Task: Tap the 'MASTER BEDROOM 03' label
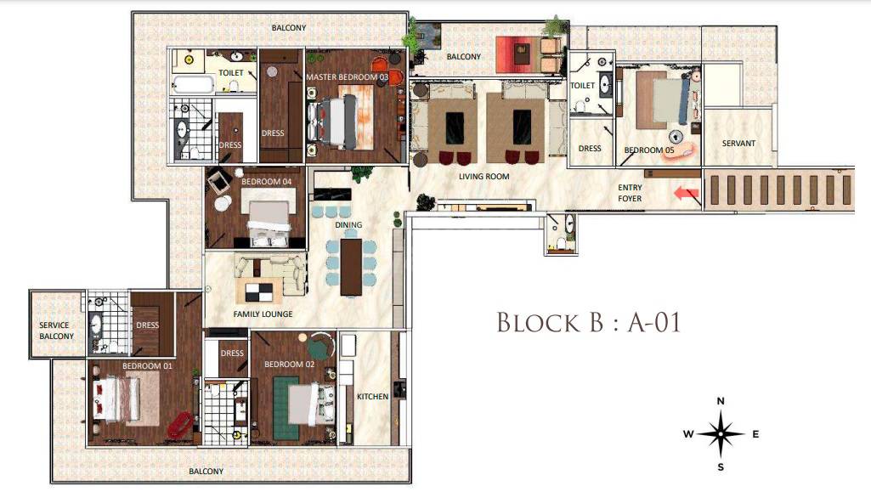pyautogui.click(x=347, y=77)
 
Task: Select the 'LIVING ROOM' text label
pyautogui.click(x=484, y=177)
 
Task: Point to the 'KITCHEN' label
pyautogui.click(x=372, y=397)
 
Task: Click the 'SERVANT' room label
pyautogui.click(x=738, y=144)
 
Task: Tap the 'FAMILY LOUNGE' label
pyautogui.click(x=263, y=314)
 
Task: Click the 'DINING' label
pyautogui.click(x=348, y=225)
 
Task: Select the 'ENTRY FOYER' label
pyautogui.click(x=630, y=193)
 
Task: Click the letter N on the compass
pyautogui.click(x=721, y=401)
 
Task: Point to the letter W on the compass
pyautogui.click(x=687, y=434)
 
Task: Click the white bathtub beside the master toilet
pyautogui.click(x=192, y=84)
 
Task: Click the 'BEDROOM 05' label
pyautogui.click(x=649, y=150)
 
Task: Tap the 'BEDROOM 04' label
pyautogui.click(x=267, y=182)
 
